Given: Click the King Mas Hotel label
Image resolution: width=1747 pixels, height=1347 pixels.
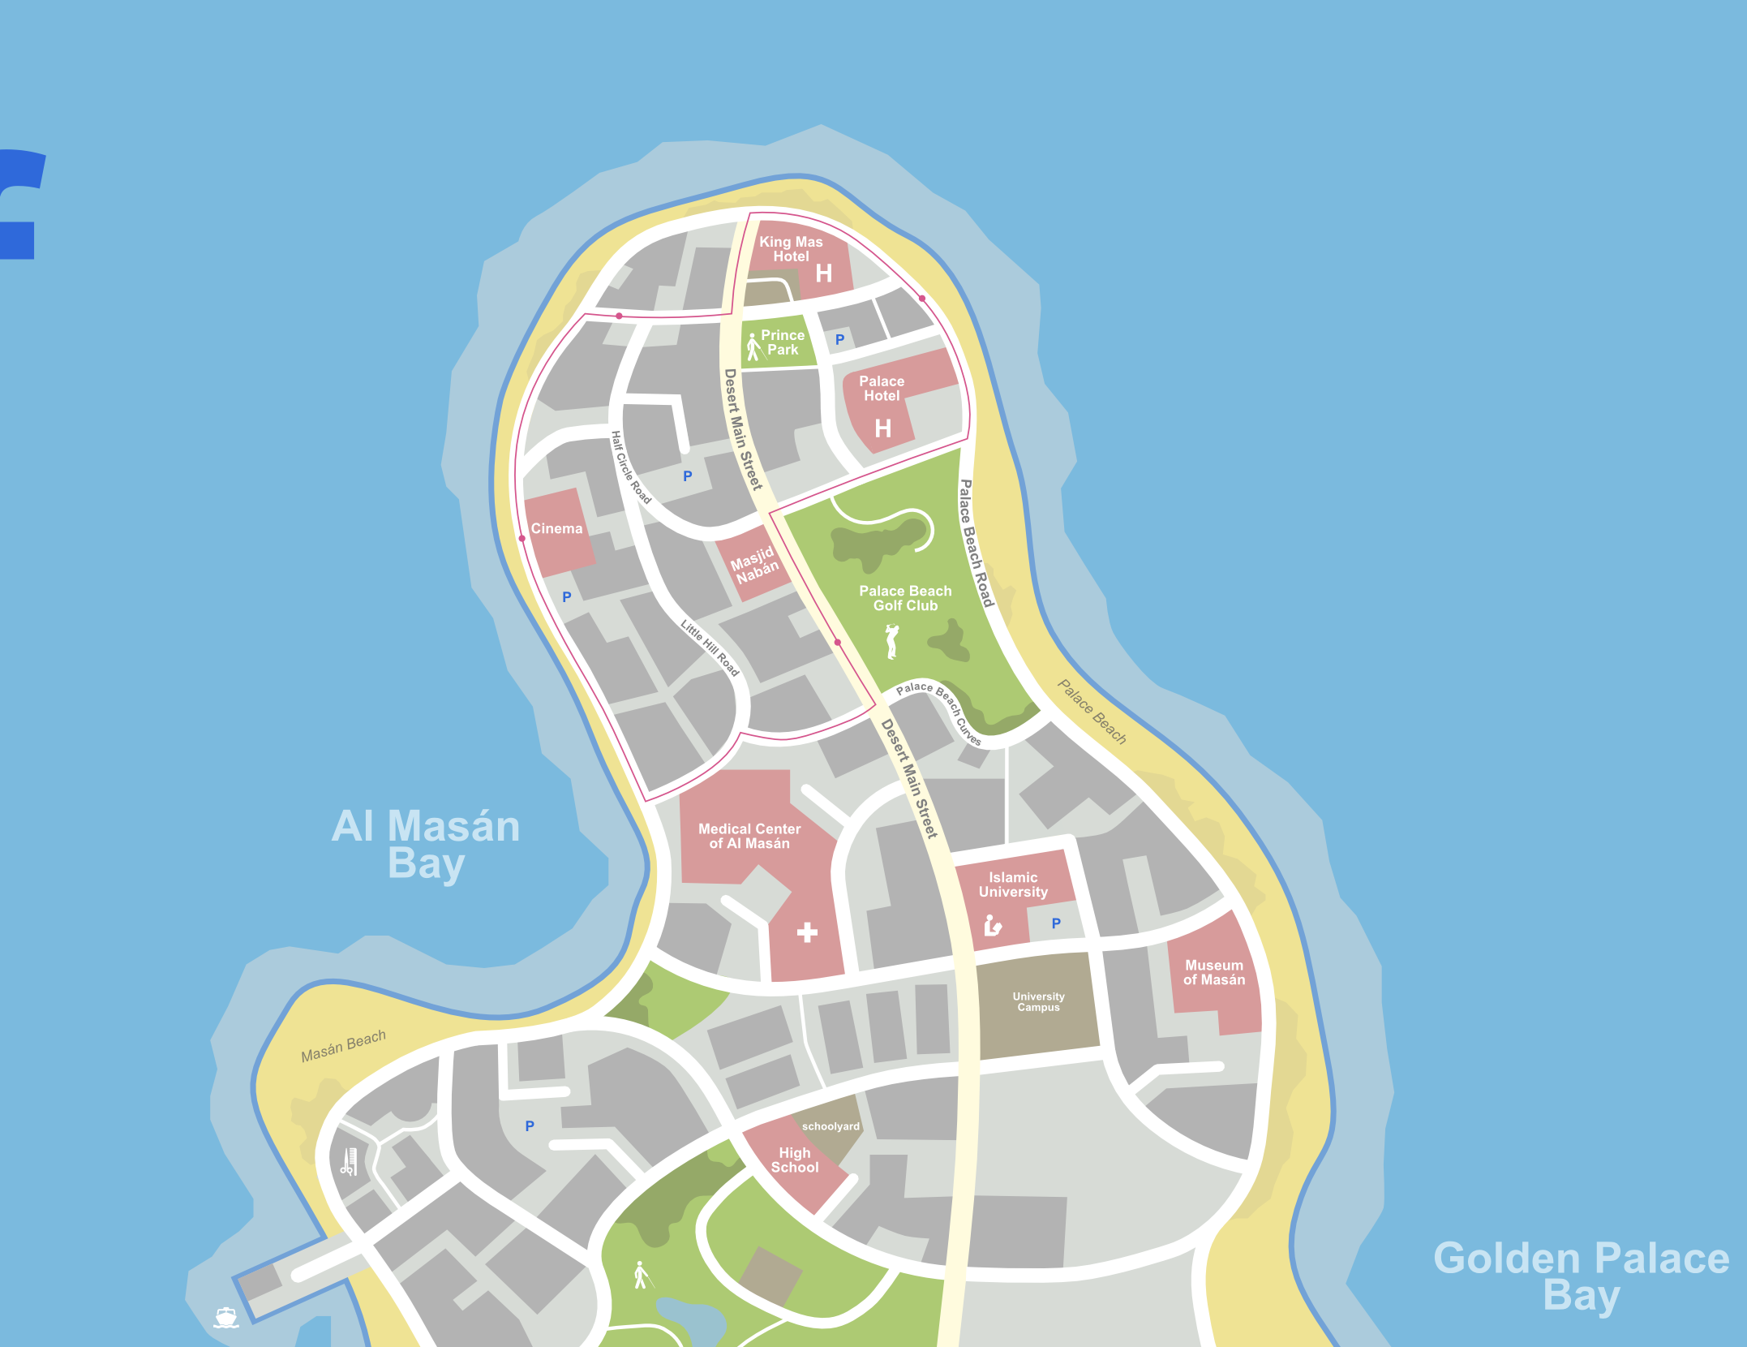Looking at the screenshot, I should (x=791, y=249).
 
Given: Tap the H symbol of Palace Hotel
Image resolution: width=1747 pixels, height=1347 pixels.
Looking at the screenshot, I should (x=883, y=428).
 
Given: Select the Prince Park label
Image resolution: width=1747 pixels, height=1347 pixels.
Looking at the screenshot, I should (x=783, y=342).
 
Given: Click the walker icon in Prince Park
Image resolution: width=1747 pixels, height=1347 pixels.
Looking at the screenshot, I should (x=753, y=347).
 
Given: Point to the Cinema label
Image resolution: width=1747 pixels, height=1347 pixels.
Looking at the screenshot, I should (x=556, y=528).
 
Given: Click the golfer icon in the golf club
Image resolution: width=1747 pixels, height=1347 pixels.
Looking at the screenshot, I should (x=892, y=641).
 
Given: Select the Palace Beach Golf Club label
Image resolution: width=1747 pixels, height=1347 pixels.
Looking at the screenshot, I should (x=905, y=598).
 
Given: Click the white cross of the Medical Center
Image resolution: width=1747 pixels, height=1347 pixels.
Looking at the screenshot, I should (x=807, y=932).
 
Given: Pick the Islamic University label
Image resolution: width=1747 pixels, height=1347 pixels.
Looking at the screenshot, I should (x=1013, y=884).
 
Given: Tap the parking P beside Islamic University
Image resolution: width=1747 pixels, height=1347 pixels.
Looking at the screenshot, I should (x=1056, y=923).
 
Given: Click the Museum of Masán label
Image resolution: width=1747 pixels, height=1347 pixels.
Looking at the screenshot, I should (x=1214, y=972).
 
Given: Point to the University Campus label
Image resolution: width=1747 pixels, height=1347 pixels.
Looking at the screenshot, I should (x=1038, y=1001).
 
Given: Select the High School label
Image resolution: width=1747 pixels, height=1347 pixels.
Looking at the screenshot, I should (x=795, y=1160).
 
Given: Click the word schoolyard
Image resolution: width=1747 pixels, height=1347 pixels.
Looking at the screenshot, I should (x=831, y=1126).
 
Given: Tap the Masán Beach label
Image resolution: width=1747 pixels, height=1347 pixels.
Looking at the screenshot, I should (x=343, y=1047).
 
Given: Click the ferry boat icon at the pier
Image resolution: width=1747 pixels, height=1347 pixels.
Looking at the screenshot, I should (x=226, y=1317).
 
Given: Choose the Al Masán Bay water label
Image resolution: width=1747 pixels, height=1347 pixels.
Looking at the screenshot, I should (x=426, y=844).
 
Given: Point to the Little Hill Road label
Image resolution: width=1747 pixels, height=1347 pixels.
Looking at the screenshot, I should (x=710, y=648).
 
